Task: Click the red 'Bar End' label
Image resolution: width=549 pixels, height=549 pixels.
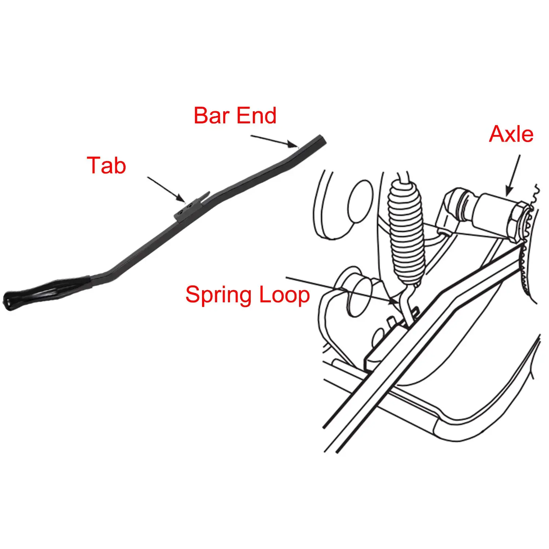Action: click(235, 116)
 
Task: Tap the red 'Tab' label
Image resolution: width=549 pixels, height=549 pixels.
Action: click(107, 165)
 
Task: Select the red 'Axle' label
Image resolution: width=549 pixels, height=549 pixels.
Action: click(511, 134)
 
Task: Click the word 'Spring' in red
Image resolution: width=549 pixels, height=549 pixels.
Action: click(219, 295)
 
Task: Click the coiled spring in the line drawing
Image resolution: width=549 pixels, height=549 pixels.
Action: click(406, 231)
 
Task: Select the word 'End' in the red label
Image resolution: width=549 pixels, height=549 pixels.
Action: click(256, 116)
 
